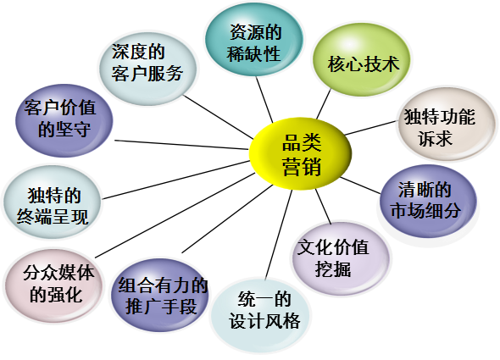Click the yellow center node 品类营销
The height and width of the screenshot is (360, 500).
300,153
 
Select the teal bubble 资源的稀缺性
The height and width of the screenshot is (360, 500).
253,40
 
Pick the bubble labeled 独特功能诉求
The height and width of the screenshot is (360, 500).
447,124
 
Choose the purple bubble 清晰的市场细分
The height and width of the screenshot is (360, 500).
428,202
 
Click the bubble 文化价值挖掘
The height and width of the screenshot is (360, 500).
341,258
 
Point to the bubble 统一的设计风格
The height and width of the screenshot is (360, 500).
260,315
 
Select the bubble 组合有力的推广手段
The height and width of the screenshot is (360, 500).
160,295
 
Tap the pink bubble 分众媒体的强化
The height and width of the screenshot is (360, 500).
54,286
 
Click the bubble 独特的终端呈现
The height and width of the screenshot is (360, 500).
53,202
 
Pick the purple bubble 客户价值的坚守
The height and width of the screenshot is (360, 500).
64,120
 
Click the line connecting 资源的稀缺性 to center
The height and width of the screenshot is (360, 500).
264,99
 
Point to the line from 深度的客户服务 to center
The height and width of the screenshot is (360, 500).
219,117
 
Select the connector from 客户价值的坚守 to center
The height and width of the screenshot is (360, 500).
181,145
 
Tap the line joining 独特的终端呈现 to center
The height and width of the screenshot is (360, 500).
176,180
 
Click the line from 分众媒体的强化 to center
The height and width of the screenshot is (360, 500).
175,215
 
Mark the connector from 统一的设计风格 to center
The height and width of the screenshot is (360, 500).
279,235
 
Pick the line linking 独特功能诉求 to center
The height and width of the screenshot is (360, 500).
370,128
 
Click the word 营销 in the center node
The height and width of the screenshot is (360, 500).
302,166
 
